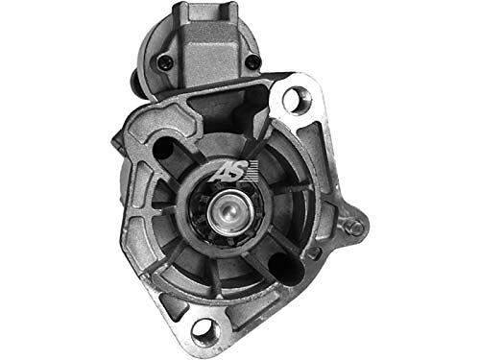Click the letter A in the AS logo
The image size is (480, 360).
(x=221, y=172)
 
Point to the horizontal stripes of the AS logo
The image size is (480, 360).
(x=252, y=170)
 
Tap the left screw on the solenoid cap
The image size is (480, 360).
(x=165, y=61)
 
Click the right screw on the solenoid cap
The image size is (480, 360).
(x=253, y=61)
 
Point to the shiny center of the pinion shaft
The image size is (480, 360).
(x=228, y=211)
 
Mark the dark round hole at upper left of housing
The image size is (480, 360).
(x=164, y=148)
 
